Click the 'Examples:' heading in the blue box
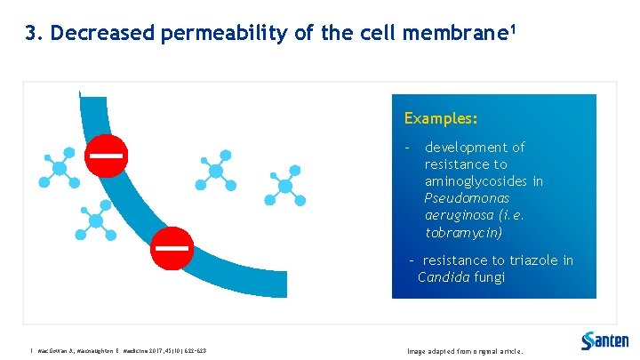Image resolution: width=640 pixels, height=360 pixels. click(441, 118)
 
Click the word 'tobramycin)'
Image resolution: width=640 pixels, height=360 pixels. click(464, 233)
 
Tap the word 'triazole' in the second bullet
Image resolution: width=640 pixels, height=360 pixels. click(533, 260)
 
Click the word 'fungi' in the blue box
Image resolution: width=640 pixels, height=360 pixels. click(489, 277)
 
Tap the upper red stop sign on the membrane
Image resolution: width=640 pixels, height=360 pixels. click(105, 155)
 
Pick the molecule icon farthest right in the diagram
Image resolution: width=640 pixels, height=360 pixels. click(285, 185)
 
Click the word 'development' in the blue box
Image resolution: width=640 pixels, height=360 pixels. click(475, 148)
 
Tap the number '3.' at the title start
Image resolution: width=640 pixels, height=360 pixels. click(35, 34)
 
